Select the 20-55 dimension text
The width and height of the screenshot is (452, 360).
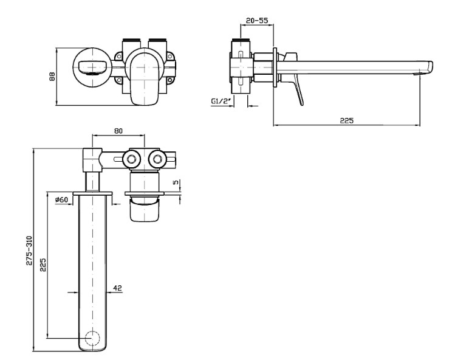[258, 21]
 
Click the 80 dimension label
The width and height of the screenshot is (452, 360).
[118, 131]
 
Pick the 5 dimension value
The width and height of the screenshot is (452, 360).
[176, 182]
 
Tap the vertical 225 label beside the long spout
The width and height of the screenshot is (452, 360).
[43, 266]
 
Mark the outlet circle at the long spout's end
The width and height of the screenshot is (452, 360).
[94, 339]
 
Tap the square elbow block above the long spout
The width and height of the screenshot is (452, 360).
[91, 159]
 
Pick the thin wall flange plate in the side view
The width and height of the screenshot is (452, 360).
[275, 66]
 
